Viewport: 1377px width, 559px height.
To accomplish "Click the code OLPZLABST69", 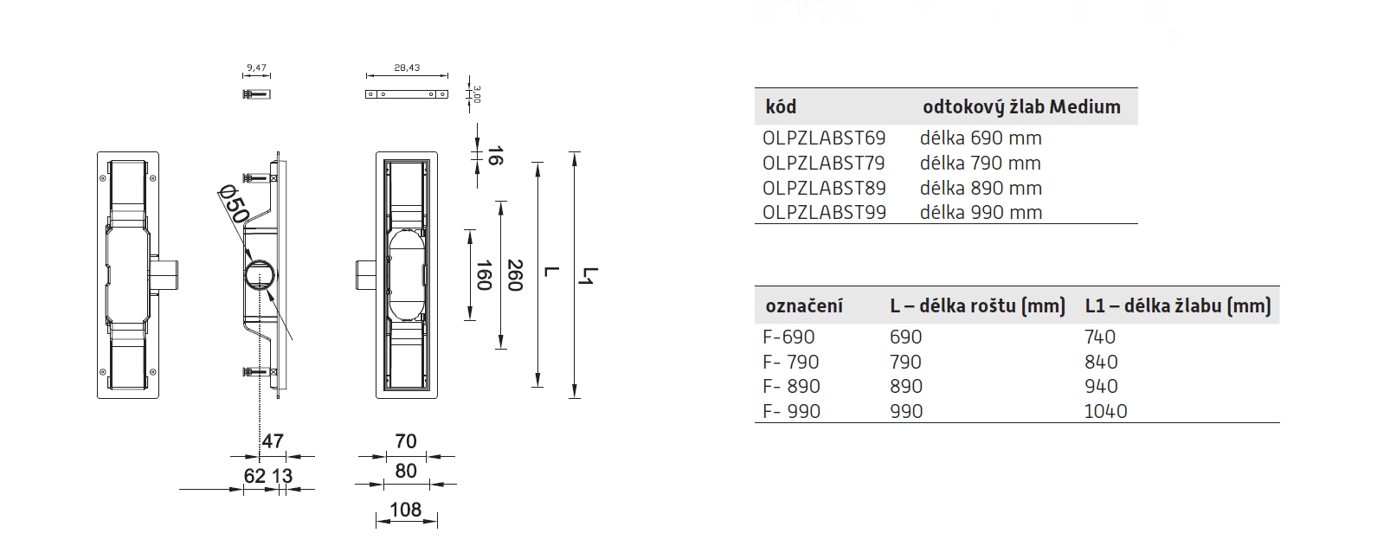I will pyautogui.click(x=824, y=138).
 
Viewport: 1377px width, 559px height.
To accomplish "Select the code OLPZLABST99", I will pyautogui.click(x=824, y=213).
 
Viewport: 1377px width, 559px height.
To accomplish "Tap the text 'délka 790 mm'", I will pyautogui.click(x=981, y=164).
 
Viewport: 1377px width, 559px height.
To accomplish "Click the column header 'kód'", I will pyautogui.click(x=781, y=107).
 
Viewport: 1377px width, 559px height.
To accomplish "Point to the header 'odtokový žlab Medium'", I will pyautogui.click(x=1021, y=107).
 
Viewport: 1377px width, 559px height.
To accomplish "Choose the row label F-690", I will pyautogui.click(x=788, y=337).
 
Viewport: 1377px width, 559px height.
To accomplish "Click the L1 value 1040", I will pyautogui.click(x=1105, y=412).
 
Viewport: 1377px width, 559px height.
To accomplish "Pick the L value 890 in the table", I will pyautogui.click(x=906, y=387).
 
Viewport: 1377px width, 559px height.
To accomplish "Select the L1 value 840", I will pyautogui.click(x=1101, y=363).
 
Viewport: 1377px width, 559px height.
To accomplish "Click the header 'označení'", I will pyautogui.click(x=804, y=306).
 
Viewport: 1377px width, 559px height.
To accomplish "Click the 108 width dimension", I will pyautogui.click(x=405, y=510).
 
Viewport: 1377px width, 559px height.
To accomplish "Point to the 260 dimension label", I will pyautogui.click(x=515, y=275).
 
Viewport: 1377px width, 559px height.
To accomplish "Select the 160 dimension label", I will pyautogui.click(x=484, y=275).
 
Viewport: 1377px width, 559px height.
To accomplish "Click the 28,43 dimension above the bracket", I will pyautogui.click(x=406, y=67).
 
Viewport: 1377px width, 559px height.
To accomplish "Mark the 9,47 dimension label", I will pyautogui.click(x=255, y=67).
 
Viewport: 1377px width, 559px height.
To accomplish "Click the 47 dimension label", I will pyautogui.click(x=273, y=441).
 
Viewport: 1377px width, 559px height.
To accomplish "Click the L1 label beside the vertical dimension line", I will pyautogui.click(x=589, y=276).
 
